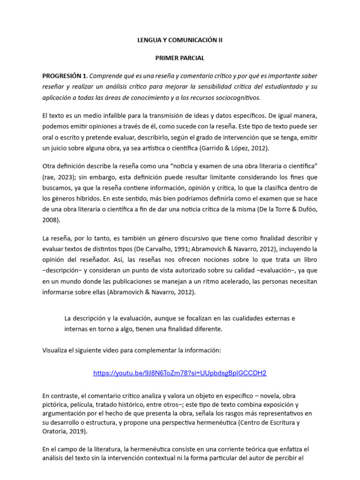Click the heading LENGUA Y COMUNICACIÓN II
click(180, 40)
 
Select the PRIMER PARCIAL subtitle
click(180, 58)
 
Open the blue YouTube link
click(180, 373)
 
